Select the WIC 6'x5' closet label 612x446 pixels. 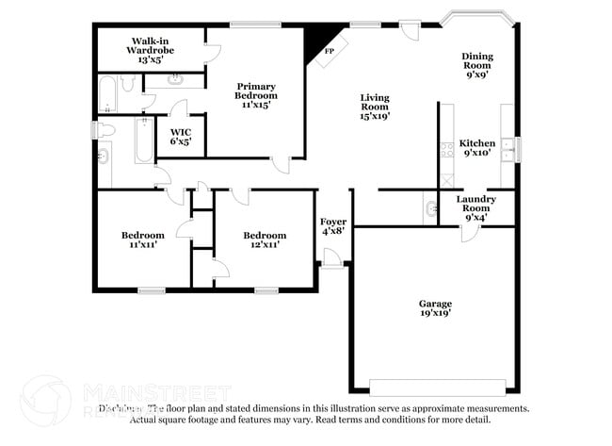tap(181, 136)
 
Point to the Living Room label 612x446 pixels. tap(375, 107)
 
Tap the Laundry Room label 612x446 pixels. tap(476, 207)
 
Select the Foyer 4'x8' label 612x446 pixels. tap(333, 224)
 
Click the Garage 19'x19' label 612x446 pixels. tap(435, 307)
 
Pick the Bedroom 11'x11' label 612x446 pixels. tap(142, 240)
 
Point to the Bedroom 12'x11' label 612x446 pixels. tap(265, 240)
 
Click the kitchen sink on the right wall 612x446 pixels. tap(507, 148)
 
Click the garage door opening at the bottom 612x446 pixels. tap(436, 387)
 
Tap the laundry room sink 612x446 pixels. tap(430, 207)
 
